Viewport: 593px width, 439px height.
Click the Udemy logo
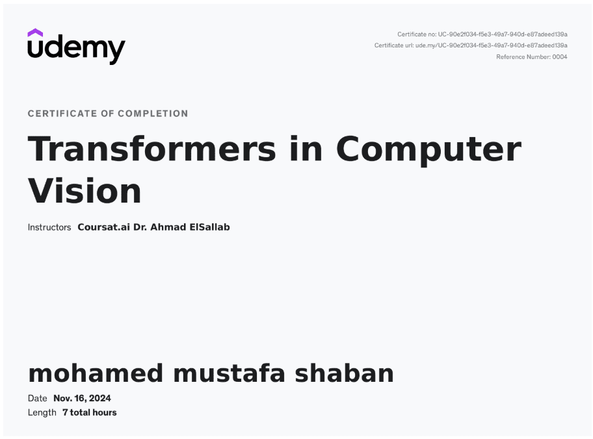tap(76, 47)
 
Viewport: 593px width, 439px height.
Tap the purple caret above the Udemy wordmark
tap(35, 32)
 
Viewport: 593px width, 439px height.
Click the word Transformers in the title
tap(152, 149)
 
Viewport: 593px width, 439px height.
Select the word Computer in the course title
tap(429, 151)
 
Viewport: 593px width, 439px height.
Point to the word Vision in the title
tap(85, 191)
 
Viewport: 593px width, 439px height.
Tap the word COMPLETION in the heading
tap(153, 114)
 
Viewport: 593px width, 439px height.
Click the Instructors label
tap(49, 227)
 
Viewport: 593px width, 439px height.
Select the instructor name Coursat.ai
tap(103, 227)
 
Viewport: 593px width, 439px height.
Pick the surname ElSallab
tap(209, 227)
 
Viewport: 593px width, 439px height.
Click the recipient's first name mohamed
tap(96, 373)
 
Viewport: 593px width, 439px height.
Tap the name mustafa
tap(229, 373)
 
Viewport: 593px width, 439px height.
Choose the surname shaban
tap(344, 373)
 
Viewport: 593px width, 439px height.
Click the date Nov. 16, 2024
tap(82, 398)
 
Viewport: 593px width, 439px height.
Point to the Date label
tap(38, 398)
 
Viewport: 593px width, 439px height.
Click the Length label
tap(42, 412)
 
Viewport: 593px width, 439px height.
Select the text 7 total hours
tap(90, 412)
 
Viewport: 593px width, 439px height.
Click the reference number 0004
tap(560, 56)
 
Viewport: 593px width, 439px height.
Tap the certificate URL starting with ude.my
tap(492, 45)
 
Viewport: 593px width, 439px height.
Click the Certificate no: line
tap(482, 34)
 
